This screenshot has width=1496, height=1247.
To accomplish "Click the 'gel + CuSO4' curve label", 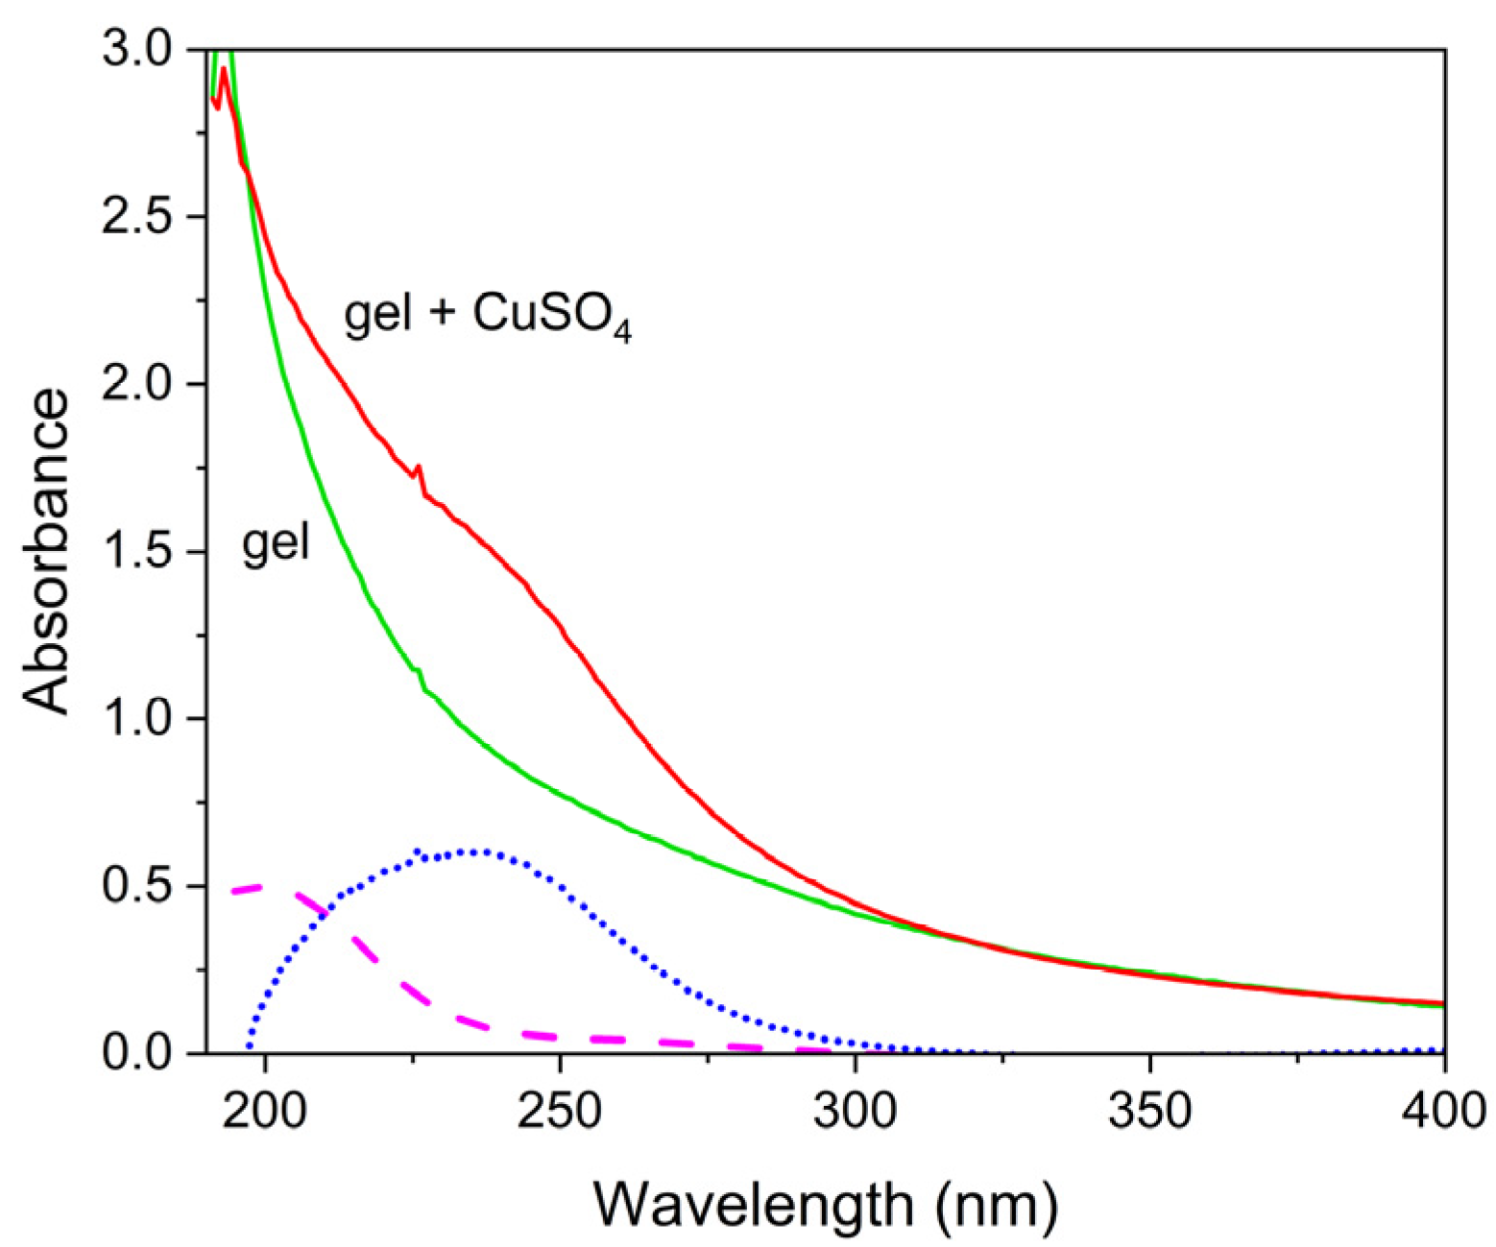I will pyautogui.click(x=488, y=314).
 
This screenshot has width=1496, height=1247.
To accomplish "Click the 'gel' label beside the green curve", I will pyautogui.click(x=276, y=542).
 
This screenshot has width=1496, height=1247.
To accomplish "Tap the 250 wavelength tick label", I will pyautogui.click(x=561, y=1111).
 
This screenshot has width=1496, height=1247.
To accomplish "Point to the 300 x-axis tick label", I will pyautogui.click(x=856, y=1111).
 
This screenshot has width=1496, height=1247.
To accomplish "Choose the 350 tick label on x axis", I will pyautogui.click(x=1150, y=1111).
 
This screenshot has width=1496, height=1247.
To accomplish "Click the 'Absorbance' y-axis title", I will pyautogui.click(x=48, y=551).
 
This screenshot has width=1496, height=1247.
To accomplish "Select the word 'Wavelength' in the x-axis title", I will pyautogui.click(x=753, y=1203).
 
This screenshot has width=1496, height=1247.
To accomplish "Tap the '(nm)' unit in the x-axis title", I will pyautogui.click(x=998, y=1203).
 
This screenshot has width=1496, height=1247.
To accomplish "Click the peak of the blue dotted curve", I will pyautogui.click(x=480, y=851).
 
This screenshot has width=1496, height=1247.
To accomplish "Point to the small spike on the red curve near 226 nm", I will pyautogui.click(x=418, y=468).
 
